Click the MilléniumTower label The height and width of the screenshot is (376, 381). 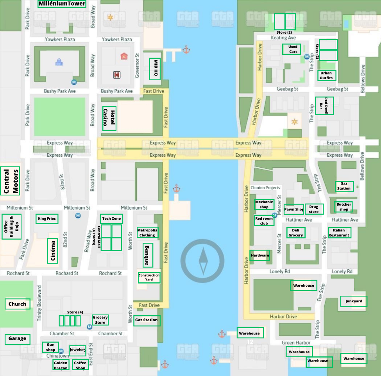coord(62,4)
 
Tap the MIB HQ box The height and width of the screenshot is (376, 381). coord(155,69)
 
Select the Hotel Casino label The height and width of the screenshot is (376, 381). coord(109,118)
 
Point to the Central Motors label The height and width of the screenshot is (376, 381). coord(11,181)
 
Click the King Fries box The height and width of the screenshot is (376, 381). coord(47,219)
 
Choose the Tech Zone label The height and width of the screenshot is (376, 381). coord(111,219)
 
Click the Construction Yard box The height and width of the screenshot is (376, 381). coord(149,278)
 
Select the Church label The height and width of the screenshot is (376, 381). coord(17,304)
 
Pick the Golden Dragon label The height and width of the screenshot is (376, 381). coord(61,365)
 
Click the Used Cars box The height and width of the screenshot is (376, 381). coord(293,49)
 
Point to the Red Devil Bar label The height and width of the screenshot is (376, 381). coord(324,106)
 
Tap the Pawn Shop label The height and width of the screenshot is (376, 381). coord(294,210)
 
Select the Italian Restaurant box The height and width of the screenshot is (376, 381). coord(339,233)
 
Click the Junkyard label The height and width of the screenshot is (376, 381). coord(354,301)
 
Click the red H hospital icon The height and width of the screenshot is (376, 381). coord(116,74)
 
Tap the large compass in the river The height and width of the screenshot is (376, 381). coord(202,261)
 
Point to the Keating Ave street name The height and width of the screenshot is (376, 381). coord(283,38)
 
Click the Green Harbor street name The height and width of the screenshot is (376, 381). coord(296,343)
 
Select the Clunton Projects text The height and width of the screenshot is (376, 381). coord(265,188)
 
